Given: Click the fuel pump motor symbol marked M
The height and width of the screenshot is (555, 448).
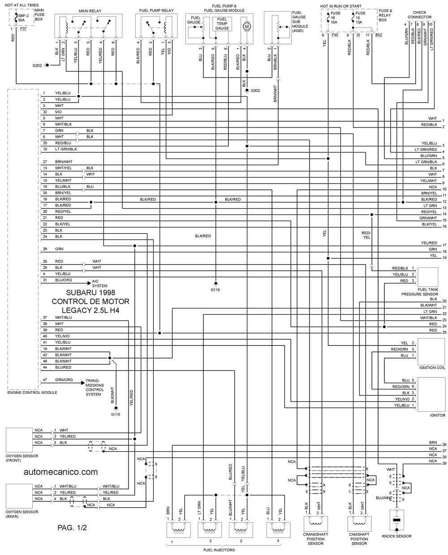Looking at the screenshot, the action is point(247,26).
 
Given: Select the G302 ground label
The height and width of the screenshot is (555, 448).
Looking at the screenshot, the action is point(255,90).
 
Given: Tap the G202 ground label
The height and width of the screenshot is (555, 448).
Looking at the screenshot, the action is point(37,65).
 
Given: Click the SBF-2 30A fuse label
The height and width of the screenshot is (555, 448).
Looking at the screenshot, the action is point(23,18).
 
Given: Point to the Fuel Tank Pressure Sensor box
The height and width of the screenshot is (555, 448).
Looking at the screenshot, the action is point(428,277).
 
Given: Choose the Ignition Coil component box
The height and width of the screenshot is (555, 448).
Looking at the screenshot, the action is point(431,351).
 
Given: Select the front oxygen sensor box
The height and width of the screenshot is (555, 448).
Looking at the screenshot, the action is point(19,440).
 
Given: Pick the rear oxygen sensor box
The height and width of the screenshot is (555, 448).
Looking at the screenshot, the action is point(19,496).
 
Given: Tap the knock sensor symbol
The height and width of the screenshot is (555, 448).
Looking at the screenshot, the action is point(396,520).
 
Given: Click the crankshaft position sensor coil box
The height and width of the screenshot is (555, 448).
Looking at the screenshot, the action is point(315,524).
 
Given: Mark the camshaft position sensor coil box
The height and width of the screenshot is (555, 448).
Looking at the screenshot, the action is point(359,524).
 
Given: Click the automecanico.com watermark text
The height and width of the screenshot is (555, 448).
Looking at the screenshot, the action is point(60,472).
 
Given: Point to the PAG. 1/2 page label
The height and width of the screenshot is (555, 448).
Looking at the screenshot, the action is point(72,528).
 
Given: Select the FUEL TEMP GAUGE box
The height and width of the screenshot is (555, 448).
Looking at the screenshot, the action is point(222,24).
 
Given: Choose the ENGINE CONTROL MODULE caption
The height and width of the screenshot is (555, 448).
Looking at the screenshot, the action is point(32,393).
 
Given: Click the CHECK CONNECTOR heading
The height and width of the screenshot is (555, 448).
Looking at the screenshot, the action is point(420,15).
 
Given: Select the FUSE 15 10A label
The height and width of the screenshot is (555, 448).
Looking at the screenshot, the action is point(360,17).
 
